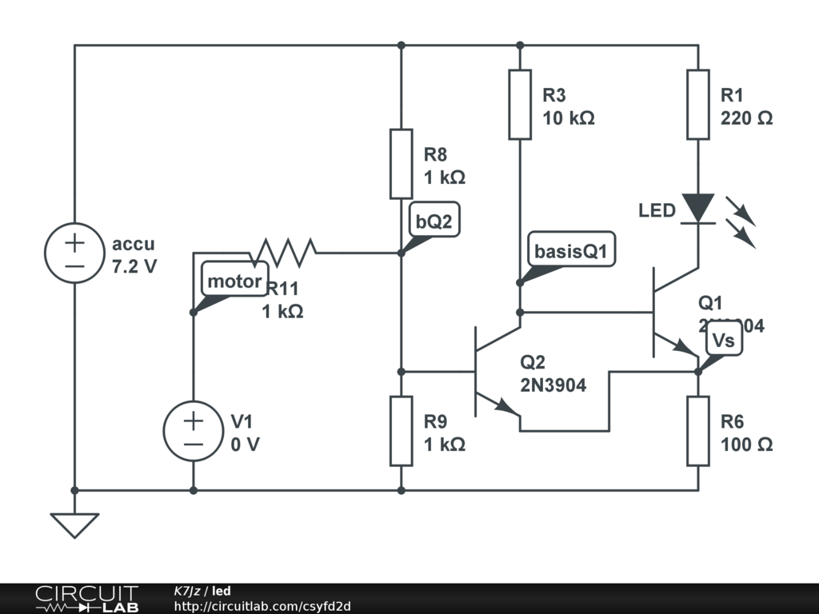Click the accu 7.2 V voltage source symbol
(x=74, y=253)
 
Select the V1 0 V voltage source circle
(x=194, y=431)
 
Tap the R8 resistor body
(x=402, y=164)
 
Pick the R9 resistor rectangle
(x=402, y=430)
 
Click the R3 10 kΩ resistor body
(x=520, y=104)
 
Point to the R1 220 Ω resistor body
(x=698, y=104)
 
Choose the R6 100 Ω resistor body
(x=698, y=430)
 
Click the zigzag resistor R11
(x=284, y=253)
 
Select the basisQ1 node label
(x=572, y=253)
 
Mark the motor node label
(x=234, y=281)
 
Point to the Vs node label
(x=723, y=341)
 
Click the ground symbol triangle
(x=74, y=524)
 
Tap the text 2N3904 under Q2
(x=553, y=385)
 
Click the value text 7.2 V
(x=134, y=266)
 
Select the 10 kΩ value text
(x=568, y=118)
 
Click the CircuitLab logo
(x=86, y=598)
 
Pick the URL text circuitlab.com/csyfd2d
(x=262, y=606)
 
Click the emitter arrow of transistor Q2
(x=505, y=407)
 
